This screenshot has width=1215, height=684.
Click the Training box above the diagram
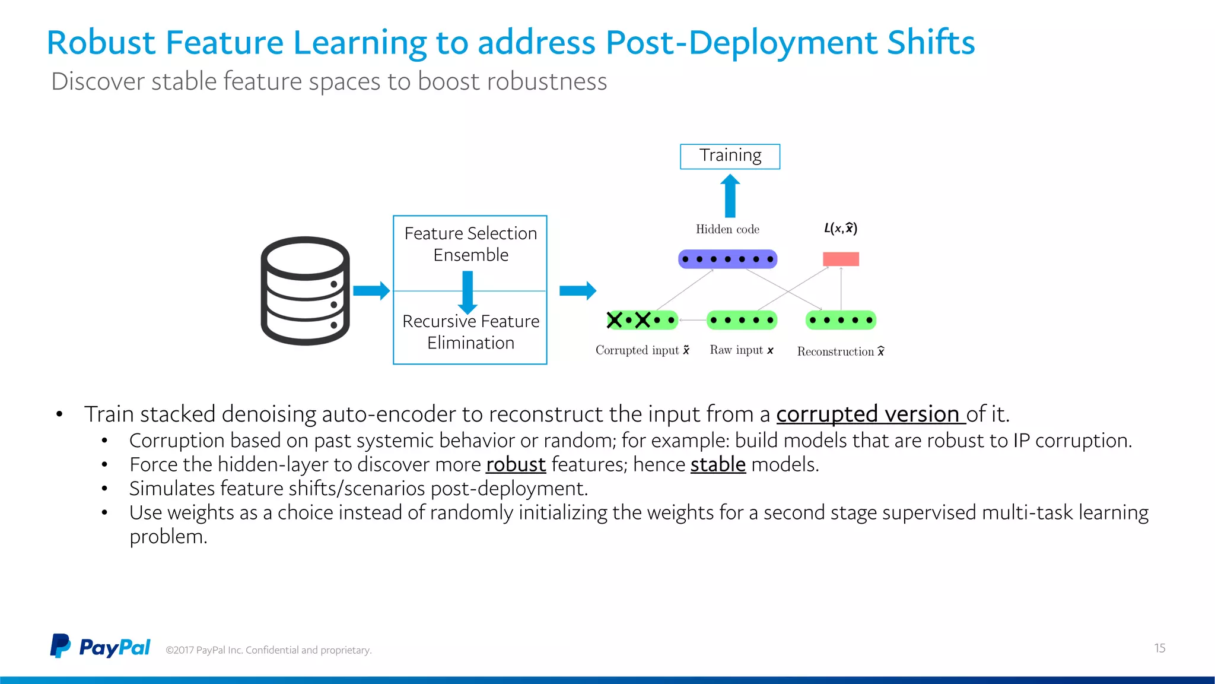(x=730, y=156)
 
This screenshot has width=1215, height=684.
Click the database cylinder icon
(x=305, y=291)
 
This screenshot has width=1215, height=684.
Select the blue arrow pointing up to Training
(x=730, y=196)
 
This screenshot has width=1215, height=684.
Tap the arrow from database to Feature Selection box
(x=371, y=290)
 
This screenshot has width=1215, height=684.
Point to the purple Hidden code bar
(x=727, y=259)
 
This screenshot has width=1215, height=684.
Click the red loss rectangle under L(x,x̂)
(x=841, y=259)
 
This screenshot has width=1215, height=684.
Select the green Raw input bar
(x=742, y=320)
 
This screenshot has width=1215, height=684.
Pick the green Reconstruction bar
(x=841, y=320)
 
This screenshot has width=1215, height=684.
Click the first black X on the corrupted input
(x=615, y=320)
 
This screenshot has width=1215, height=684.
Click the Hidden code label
(x=727, y=229)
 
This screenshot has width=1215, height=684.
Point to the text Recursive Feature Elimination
(x=470, y=332)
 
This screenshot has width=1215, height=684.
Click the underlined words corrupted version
(x=870, y=414)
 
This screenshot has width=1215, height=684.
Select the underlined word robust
(x=516, y=464)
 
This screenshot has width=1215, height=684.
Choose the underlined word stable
(x=718, y=464)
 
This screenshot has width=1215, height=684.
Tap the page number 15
(x=1159, y=648)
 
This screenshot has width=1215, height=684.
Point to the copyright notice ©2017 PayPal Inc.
(x=268, y=650)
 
